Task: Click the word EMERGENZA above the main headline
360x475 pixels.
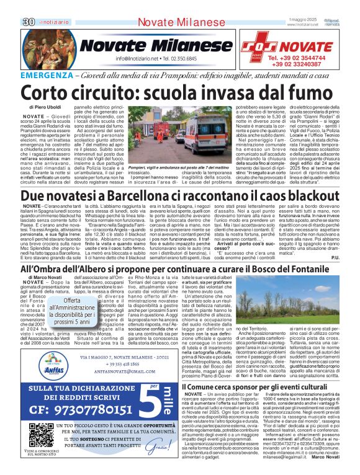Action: coord(44,74)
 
